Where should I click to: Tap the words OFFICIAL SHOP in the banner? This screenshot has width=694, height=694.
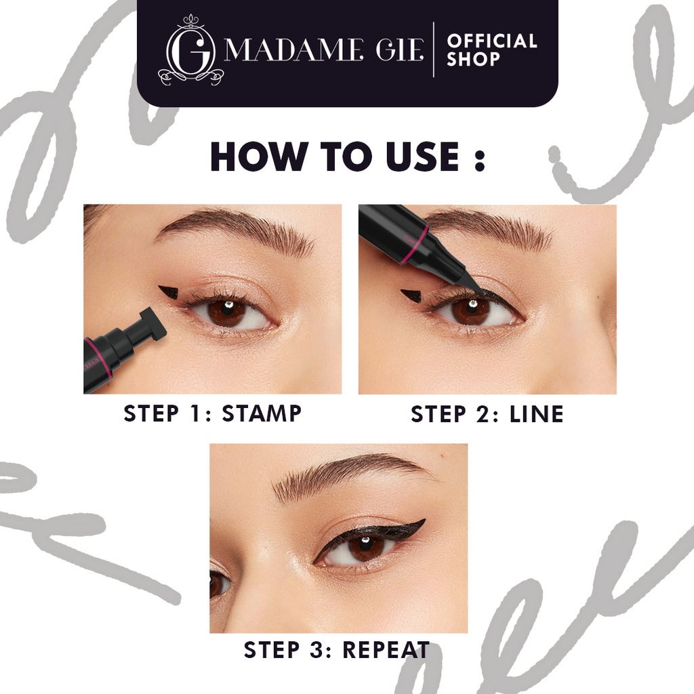(491, 50)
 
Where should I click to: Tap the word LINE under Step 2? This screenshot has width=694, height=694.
(535, 414)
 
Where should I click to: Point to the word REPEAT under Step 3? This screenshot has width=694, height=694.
(386, 650)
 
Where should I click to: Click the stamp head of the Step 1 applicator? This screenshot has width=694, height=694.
(153, 324)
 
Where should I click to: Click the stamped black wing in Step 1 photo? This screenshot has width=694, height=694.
(171, 294)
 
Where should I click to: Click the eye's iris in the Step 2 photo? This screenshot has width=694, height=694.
(470, 310)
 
